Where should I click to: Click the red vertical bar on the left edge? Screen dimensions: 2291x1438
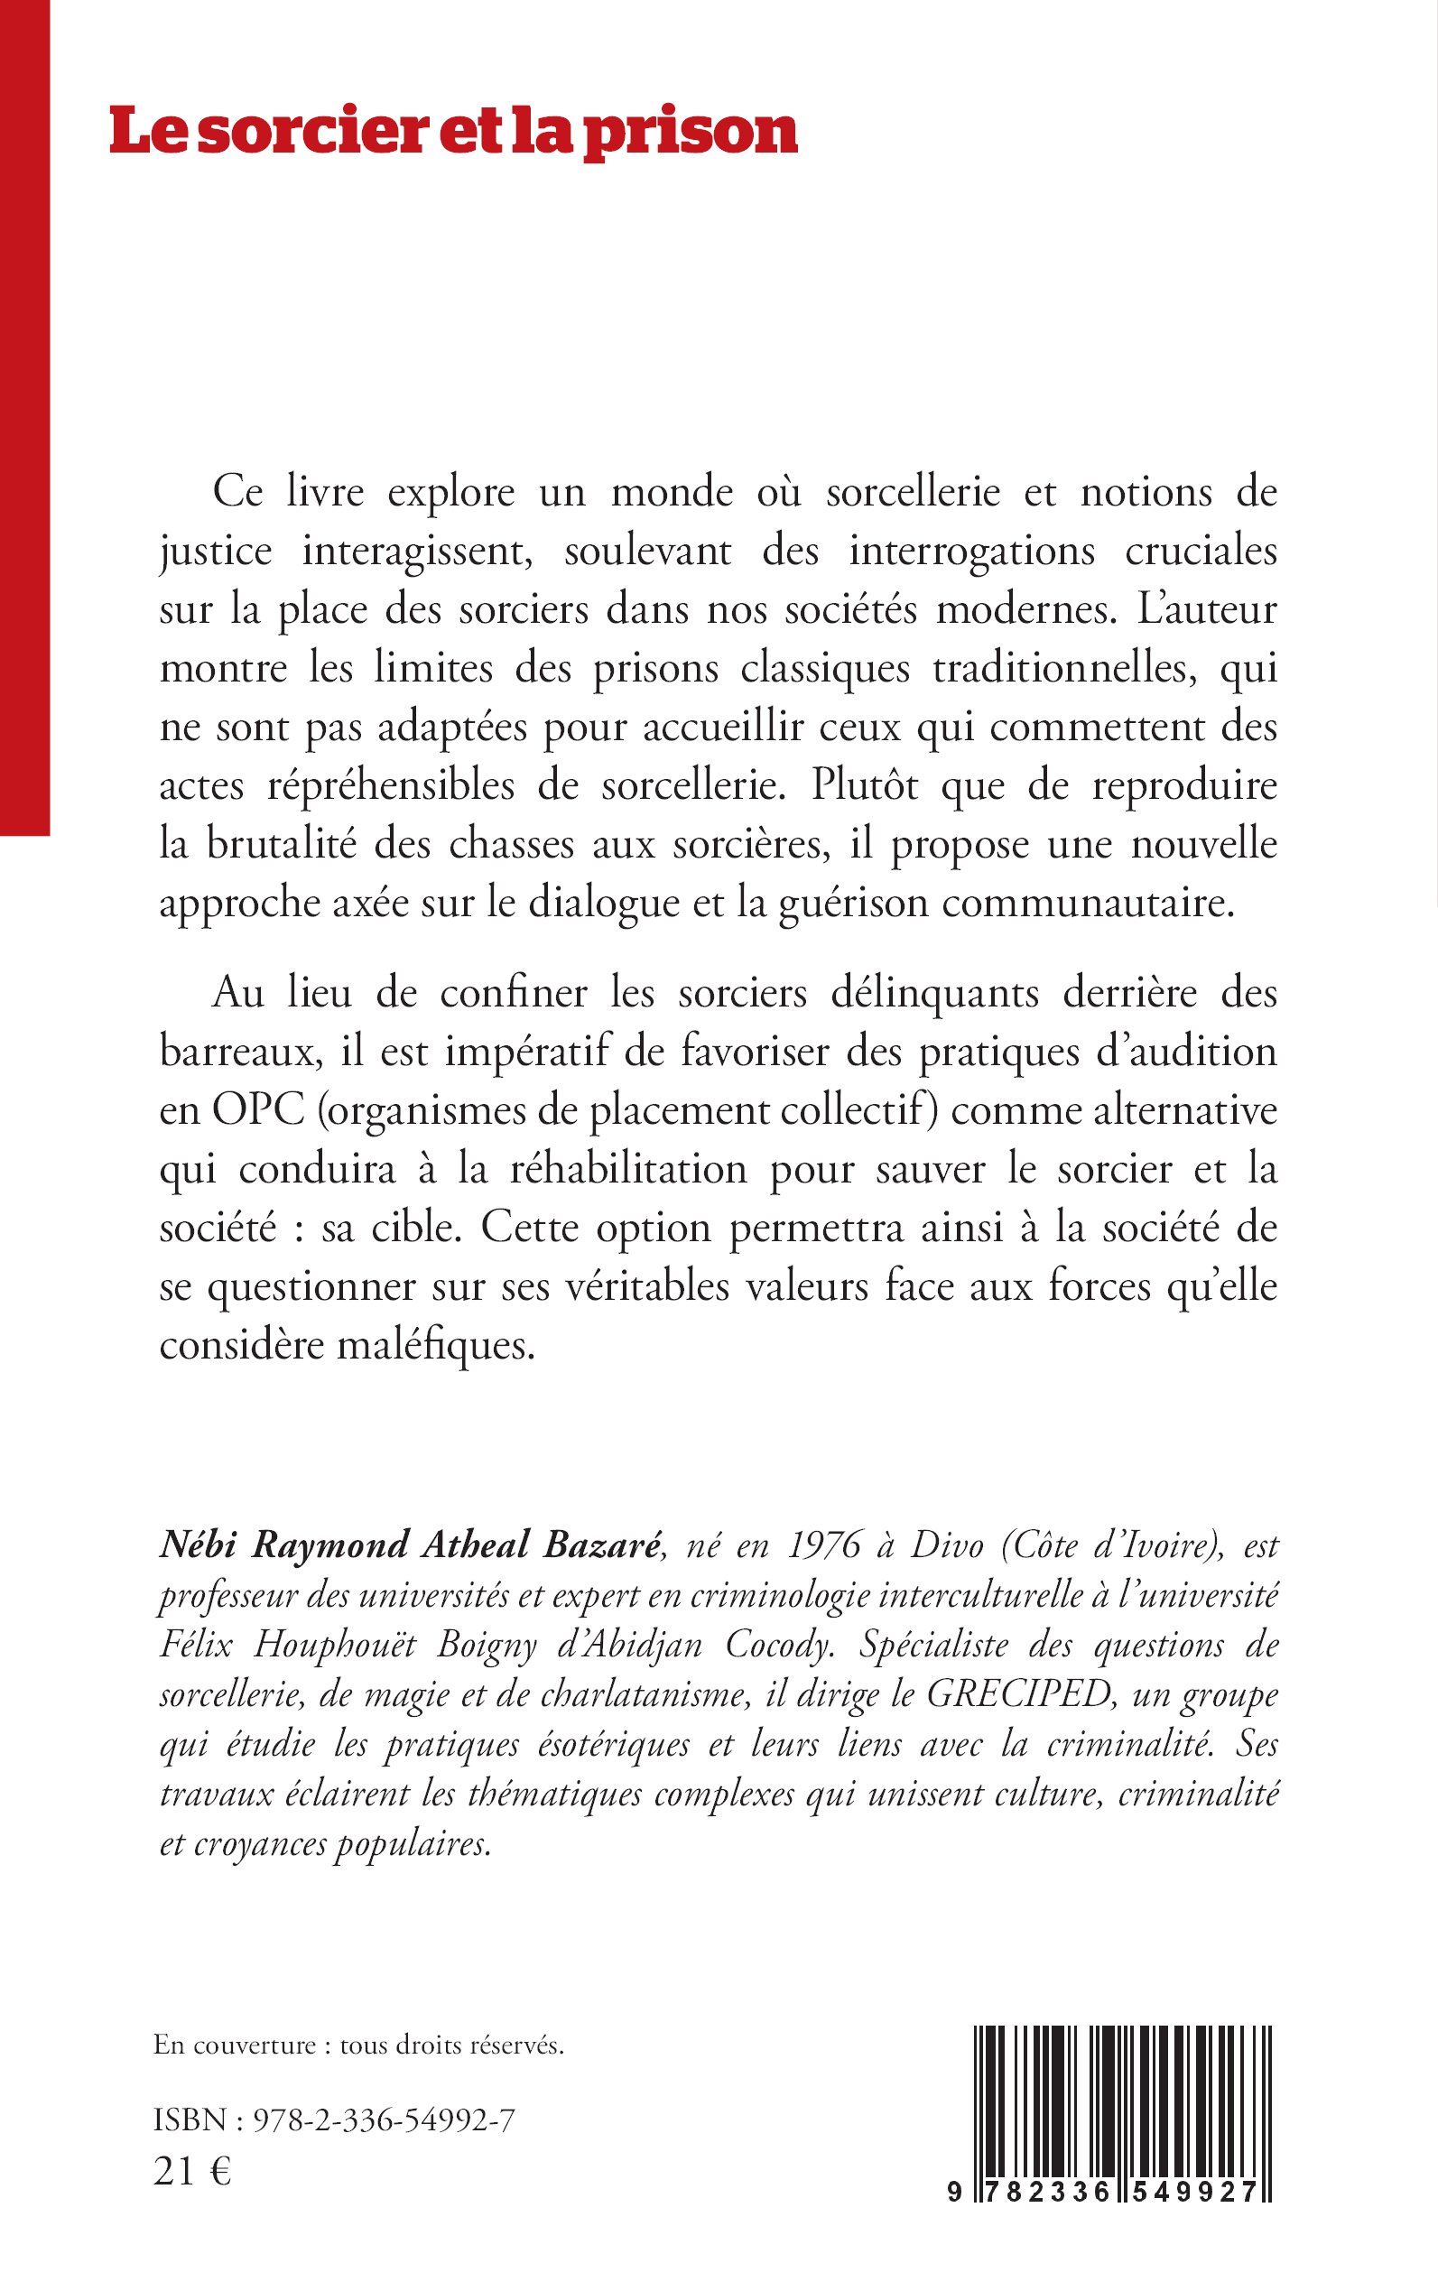click(23, 419)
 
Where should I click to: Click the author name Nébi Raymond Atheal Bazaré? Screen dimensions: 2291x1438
click(409, 1544)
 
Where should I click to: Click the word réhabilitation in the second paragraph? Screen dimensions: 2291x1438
click(628, 1169)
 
